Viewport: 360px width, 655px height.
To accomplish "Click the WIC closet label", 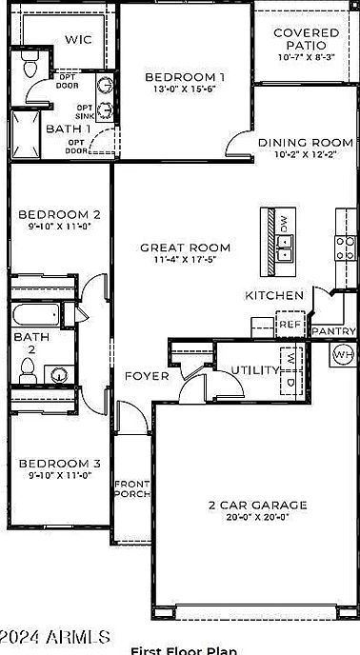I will point(78,39).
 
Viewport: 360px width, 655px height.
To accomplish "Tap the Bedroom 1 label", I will point(184,77).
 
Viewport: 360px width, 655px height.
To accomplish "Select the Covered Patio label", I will point(306,38).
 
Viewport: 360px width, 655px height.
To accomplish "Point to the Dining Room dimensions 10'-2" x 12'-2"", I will point(306,155).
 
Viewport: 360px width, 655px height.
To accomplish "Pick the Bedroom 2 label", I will point(59,214).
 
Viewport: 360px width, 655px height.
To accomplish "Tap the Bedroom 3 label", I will point(59,464).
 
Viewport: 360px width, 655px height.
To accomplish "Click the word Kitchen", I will point(274,295).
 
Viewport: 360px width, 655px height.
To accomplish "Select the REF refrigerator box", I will point(290,325).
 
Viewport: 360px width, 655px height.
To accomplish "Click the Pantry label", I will point(334,331).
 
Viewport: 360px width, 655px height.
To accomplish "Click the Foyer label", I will point(147,375).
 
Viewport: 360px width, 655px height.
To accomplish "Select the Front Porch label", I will point(131,489).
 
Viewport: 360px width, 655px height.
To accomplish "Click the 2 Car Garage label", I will point(257,505).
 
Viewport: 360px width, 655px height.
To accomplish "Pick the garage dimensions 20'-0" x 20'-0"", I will point(257,517).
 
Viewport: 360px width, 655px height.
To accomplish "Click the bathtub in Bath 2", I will point(36,316).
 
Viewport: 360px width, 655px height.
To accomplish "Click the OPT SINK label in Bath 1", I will point(85,112).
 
